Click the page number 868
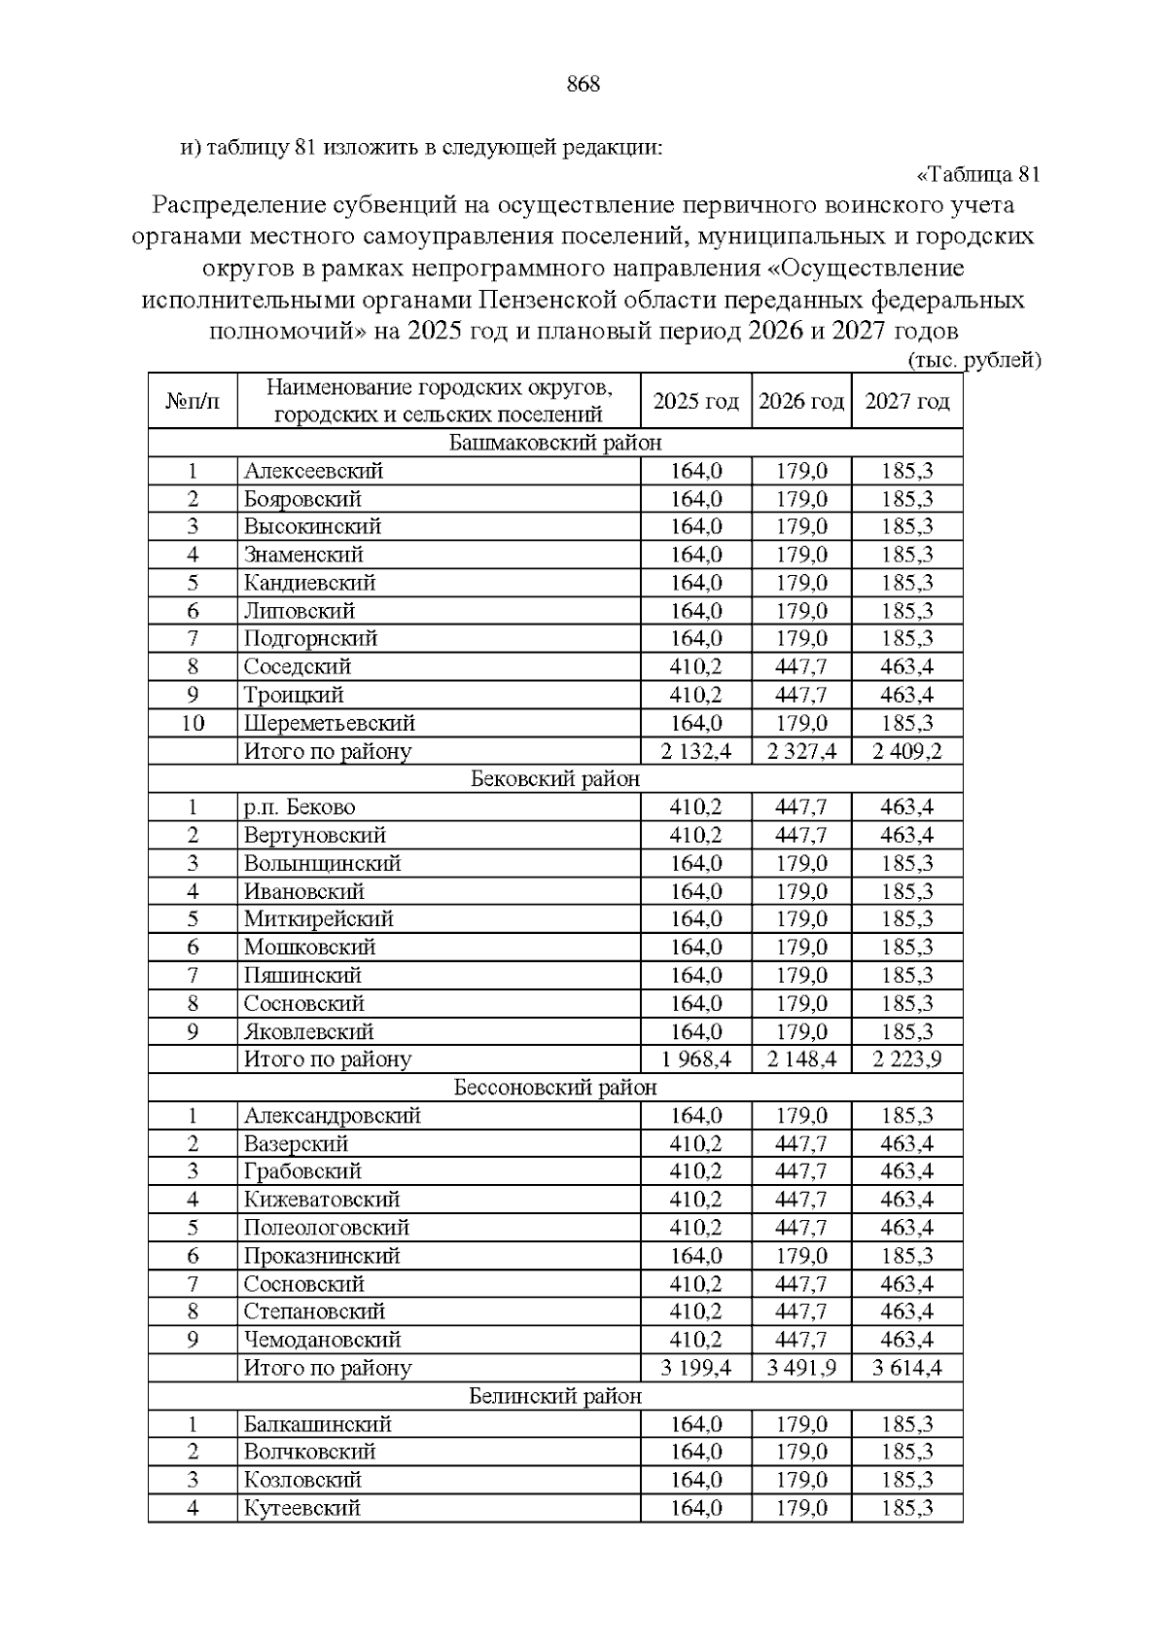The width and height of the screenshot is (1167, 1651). coord(583,85)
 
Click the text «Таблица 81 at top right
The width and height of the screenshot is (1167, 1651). coord(978,175)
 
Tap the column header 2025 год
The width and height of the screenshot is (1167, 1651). coord(695,402)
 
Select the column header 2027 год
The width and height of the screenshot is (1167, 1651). coord(906,402)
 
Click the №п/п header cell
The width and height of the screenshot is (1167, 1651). coord(193,402)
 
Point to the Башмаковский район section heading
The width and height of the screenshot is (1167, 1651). coord(555,444)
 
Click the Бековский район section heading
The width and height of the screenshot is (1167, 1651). coord(555,779)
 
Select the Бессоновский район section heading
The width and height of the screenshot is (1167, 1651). coord(555,1088)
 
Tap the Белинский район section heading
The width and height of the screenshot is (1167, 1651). coord(555,1397)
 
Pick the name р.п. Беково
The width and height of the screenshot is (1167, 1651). coord(300,808)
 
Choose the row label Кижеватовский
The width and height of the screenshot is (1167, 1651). coord(322,1200)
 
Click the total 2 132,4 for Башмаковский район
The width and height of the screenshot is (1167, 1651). coord(695,752)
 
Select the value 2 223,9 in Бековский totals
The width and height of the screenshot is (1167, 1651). coord(906,1059)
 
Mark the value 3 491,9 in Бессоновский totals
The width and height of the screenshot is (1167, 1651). coord(801,1369)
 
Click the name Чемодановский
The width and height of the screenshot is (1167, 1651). coord(322,1341)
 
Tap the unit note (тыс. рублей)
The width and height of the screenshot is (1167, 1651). coord(974,361)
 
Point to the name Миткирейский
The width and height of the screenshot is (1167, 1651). coord(318,919)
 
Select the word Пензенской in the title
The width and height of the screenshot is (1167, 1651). coord(555,300)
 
